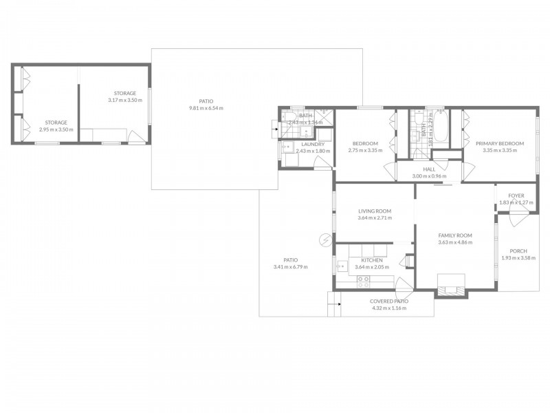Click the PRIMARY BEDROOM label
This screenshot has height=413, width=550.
pyautogui.click(x=499, y=143)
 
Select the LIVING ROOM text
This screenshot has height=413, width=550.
pyautogui.click(x=375, y=211)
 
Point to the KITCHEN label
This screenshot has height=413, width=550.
pyautogui.click(x=372, y=260)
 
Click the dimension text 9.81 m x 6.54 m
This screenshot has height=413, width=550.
pyautogui.click(x=206, y=108)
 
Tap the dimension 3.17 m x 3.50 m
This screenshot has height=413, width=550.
pyautogui.click(x=125, y=100)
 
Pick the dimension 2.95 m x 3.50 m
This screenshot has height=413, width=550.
pyautogui.click(x=56, y=129)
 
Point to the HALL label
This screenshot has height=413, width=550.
pyautogui.click(x=429, y=169)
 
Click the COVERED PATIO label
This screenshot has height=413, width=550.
pyautogui.click(x=389, y=301)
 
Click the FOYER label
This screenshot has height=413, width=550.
pyautogui.click(x=516, y=195)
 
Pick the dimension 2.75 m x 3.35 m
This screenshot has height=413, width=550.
pyautogui.click(x=365, y=150)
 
